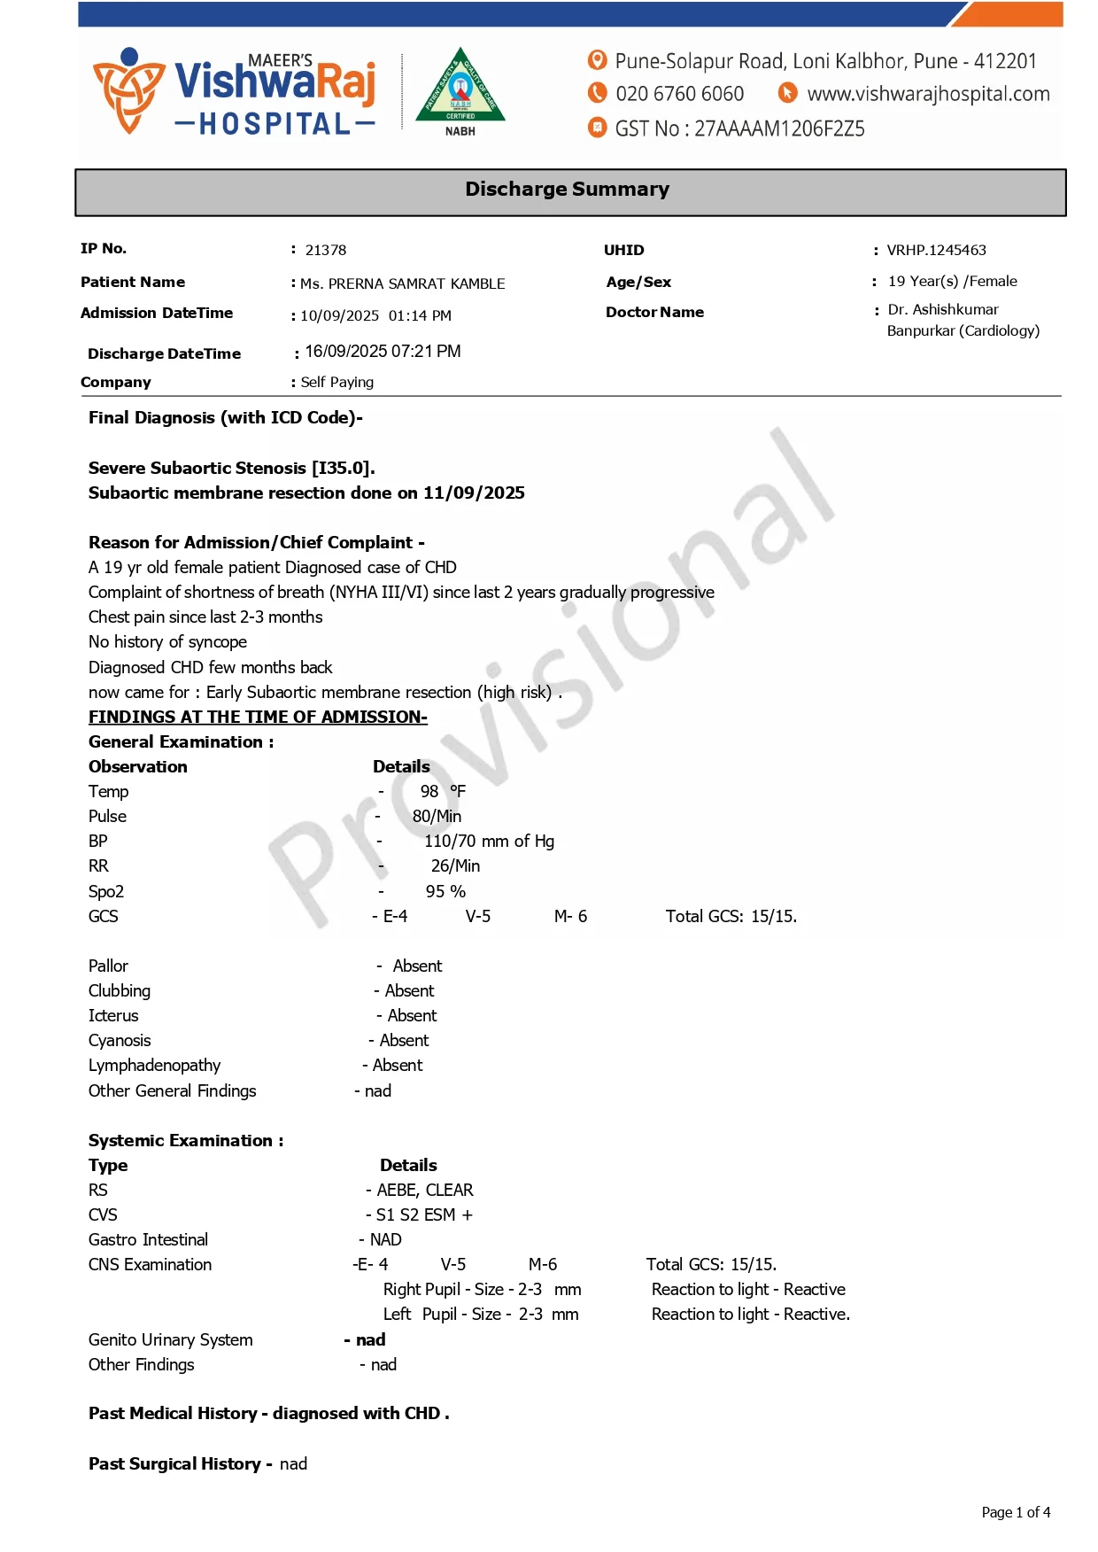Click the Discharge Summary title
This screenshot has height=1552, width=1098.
click(x=567, y=190)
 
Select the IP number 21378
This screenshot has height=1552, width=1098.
click(x=326, y=251)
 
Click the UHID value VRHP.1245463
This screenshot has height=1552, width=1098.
click(x=936, y=251)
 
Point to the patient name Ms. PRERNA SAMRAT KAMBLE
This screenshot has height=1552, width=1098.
click(x=402, y=284)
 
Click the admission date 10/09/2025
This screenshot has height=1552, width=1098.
click(x=339, y=316)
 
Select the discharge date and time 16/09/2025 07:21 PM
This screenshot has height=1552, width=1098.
click(x=383, y=352)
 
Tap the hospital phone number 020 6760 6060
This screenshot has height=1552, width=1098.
click(x=679, y=94)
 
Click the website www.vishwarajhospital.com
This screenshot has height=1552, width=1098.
click(x=928, y=94)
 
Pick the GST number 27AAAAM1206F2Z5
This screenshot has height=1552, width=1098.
click(x=779, y=129)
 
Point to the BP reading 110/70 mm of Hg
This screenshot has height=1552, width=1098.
click(x=489, y=842)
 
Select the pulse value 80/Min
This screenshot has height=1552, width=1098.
click(x=437, y=817)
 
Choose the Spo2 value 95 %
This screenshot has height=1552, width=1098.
click(x=445, y=892)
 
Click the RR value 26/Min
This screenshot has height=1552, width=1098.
click(x=455, y=866)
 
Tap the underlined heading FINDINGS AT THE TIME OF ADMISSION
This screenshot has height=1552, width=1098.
click(x=258, y=718)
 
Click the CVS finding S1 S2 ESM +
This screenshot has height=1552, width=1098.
click(x=424, y=1215)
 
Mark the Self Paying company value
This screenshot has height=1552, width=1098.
click(x=336, y=383)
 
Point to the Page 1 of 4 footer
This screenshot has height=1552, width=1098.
click(x=1016, y=1513)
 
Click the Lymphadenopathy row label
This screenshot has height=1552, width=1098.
click(x=154, y=1066)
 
